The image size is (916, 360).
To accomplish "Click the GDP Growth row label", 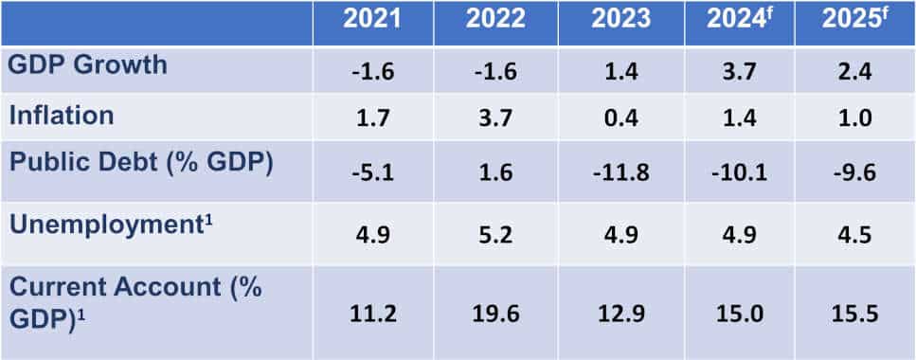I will point(88,65).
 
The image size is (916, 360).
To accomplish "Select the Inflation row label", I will point(62,116).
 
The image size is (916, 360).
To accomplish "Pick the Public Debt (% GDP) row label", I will point(141,163).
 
